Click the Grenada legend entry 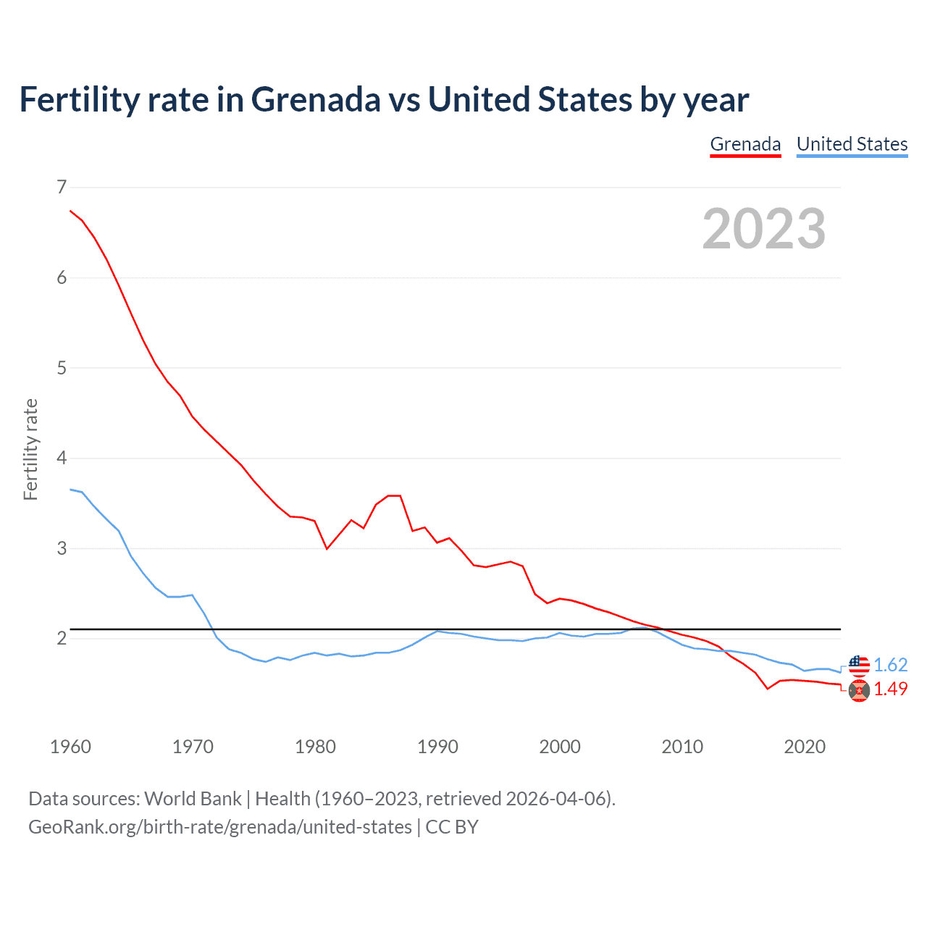pos(745,145)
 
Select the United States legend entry pos(852,145)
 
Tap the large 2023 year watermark pos(764,229)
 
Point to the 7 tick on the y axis pos(62,188)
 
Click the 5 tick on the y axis pos(62,368)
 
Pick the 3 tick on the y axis pos(62,548)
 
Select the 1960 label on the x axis pos(70,747)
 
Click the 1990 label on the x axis pos(437,747)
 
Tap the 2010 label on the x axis pos(682,747)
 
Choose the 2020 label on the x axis pos(805,747)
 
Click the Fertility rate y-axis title pos(30,449)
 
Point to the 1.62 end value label pos(890,665)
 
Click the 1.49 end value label pos(890,689)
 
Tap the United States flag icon pos(859,664)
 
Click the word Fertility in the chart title pos(78,99)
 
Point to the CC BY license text pos(452,827)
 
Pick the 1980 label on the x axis pos(315,747)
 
